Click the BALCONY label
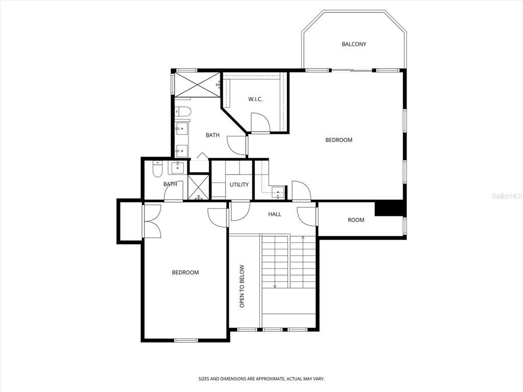point(353,44)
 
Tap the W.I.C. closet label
point(255,99)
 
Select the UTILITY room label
point(239,184)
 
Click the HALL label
point(275,214)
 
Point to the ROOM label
point(356,220)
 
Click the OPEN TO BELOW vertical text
point(243,286)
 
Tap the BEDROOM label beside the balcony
point(339,140)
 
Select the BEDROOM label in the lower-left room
point(185,273)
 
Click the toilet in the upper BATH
point(183,111)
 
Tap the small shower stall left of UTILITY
point(198,187)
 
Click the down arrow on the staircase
point(275,286)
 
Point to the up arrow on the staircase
point(303,238)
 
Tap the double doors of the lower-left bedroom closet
point(152,221)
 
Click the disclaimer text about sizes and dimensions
point(261,379)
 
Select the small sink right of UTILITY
point(278,193)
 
